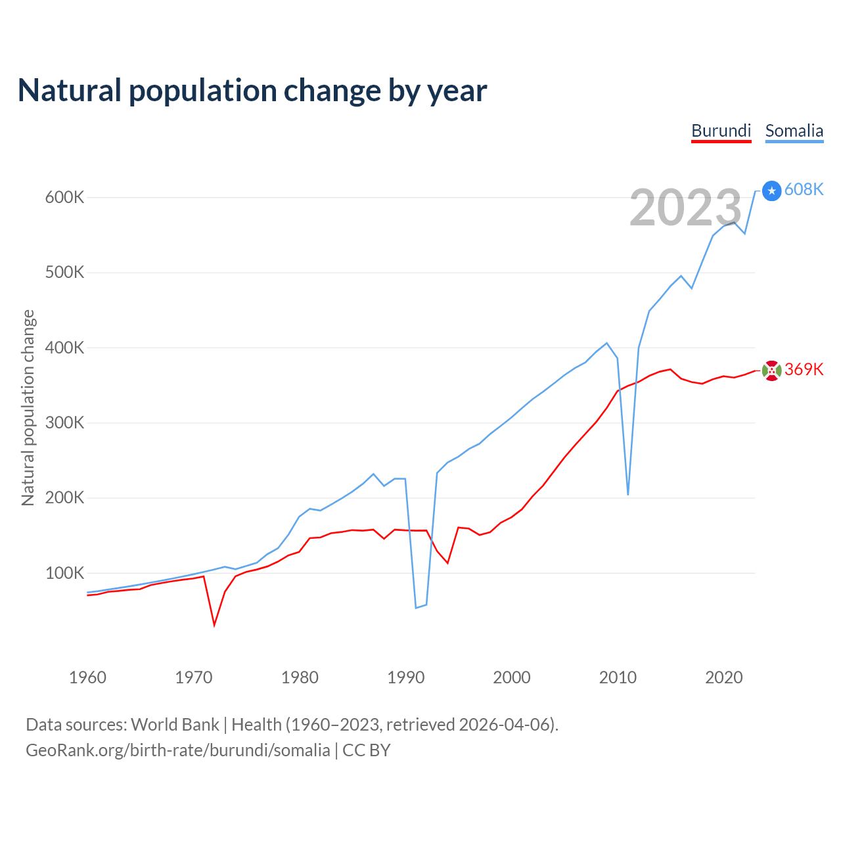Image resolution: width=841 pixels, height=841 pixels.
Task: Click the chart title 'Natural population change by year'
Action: [x=252, y=91]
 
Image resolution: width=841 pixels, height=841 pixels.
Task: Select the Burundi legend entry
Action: [x=721, y=131]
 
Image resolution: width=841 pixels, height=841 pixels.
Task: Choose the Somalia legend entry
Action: [x=794, y=131]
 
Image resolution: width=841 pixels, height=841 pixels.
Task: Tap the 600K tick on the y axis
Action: [x=64, y=197]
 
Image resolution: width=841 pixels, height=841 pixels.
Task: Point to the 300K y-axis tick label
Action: [x=64, y=422]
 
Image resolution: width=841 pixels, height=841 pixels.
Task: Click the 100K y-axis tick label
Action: [x=64, y=573]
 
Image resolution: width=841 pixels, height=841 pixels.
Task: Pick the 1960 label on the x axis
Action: [x=87, y=677]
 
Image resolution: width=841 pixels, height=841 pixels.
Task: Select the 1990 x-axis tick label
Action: [x=406, y=677]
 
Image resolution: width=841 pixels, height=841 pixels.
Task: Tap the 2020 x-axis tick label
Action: [x=723, y=677]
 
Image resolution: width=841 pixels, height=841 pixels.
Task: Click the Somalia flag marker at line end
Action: [x=772, y=191]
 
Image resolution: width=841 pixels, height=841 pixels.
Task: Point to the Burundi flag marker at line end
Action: [x=772, y=371]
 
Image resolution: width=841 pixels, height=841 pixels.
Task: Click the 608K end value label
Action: [x=804, y=189]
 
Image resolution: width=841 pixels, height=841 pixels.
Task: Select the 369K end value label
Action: [x=804, y=369]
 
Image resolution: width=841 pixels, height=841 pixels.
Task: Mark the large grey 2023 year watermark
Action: [x=685, y=208]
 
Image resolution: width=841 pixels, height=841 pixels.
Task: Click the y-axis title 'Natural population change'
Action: [x=28, y=407]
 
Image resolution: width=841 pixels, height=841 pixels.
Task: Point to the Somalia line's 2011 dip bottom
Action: [x=628, y=494]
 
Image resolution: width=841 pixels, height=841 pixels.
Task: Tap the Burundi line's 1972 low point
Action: [x=214, y=625]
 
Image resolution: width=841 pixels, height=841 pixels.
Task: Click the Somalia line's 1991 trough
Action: [x=416, y=608]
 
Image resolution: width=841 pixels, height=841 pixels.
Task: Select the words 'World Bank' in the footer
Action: [x=175, y=725]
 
